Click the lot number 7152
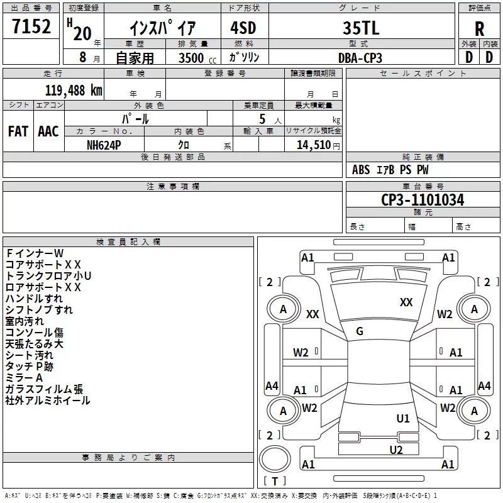tap(31, 26)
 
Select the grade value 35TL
tap(361, 28)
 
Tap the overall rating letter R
tap(479, 29)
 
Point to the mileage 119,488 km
tap(74, 91)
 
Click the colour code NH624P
tap(104, 145)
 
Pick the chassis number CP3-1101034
tap(423, 200)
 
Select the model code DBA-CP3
tap(360, 58)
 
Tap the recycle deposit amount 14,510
tap(313, 145)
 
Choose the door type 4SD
tap(243, 28)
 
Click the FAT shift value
tap(18, 131)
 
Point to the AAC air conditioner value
tap(48, 131)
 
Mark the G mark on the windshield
tap(360, 331)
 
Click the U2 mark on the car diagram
tap(396, 450)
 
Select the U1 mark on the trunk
tap(403, 419)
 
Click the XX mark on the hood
tap(406, 302)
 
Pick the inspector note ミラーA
tap(24, 378)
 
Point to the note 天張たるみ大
tap(35, 344)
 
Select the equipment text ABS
tap(361, 170)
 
